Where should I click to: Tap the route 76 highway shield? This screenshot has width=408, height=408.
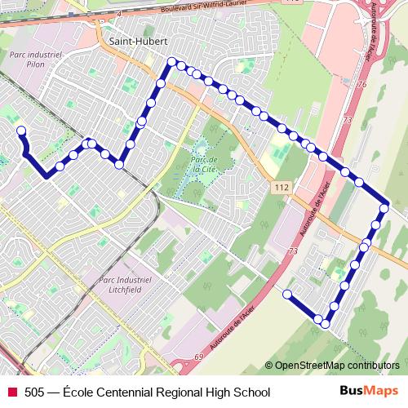361,84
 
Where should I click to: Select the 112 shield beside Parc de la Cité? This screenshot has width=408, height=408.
282,188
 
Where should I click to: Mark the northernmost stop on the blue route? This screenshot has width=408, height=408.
172,62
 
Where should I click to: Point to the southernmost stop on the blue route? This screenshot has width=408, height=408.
325,324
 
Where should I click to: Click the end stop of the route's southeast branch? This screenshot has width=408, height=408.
287,293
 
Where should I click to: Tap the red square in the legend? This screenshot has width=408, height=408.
12,392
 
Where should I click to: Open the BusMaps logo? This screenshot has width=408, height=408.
369,391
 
